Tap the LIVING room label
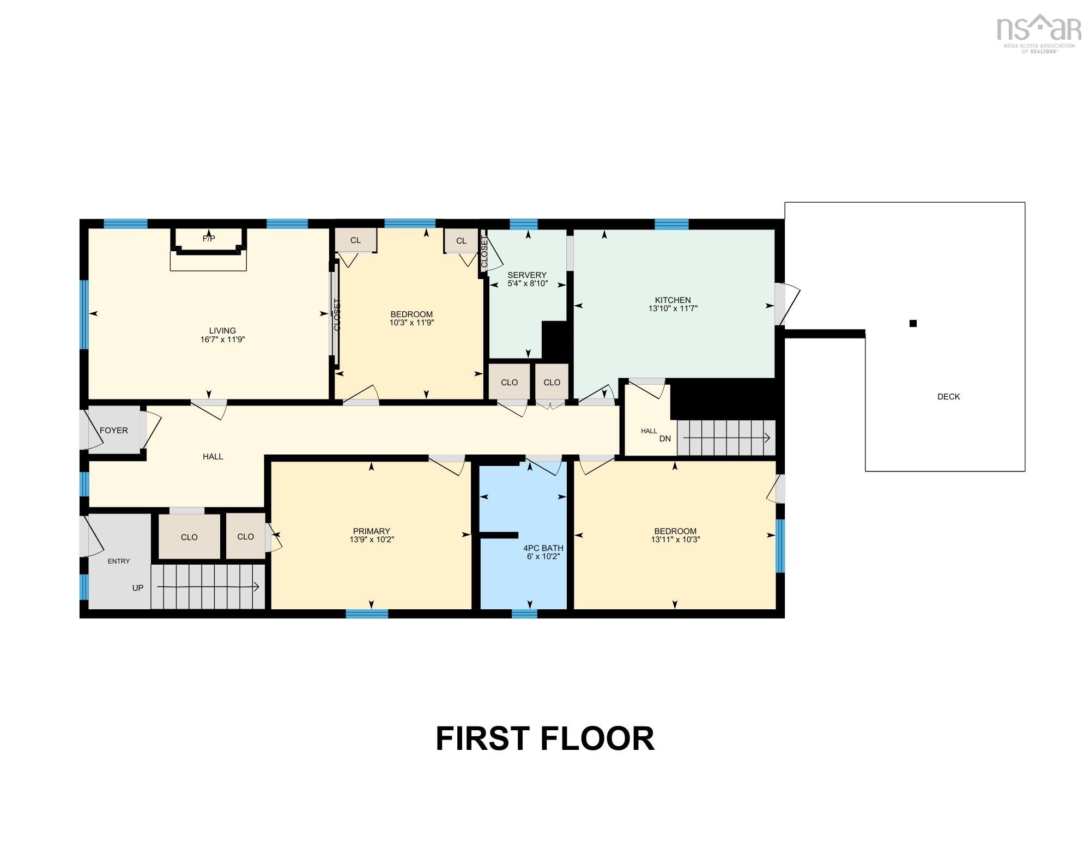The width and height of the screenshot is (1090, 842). [222, 331]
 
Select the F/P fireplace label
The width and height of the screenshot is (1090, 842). [209, 239]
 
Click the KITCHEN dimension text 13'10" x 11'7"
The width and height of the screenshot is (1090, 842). [673, 308]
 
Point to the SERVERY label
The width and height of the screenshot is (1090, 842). [527, 275]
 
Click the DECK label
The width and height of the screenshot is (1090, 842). [948, 397]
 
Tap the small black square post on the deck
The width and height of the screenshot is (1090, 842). [913, 323]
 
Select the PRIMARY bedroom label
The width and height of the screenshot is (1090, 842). [372, 531]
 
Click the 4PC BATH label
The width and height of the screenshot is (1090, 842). [543, 548]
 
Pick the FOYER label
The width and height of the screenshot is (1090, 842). [114, 431]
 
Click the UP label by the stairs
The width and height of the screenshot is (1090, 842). [138, 588]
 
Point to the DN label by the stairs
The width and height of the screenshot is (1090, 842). [665, 439]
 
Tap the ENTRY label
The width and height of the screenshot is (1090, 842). [119, 561]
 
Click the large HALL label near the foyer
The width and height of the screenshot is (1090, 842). [213, 457]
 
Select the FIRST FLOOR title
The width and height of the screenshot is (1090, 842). [545, 739]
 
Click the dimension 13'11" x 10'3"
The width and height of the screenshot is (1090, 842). [675, 540]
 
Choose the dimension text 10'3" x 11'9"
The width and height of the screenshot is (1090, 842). [411, 323]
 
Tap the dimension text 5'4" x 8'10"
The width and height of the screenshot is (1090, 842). [528, 283]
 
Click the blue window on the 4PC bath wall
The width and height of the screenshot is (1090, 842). [524, 614]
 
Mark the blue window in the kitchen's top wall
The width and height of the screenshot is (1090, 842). [671, 224]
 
